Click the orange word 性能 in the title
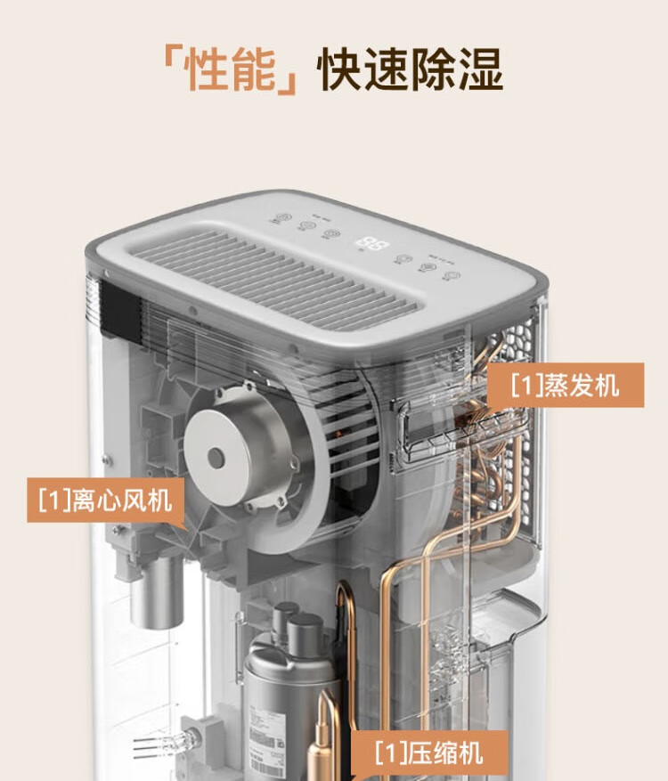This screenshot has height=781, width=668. tap(230, 69)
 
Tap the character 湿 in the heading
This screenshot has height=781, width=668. tap(479, 69)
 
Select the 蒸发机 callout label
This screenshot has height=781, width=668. tap(565, 385)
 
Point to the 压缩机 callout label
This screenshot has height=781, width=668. tap(429, 753)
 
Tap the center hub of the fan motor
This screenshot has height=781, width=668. tap(216, 457)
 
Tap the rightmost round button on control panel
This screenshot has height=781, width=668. tap(452, 275)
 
